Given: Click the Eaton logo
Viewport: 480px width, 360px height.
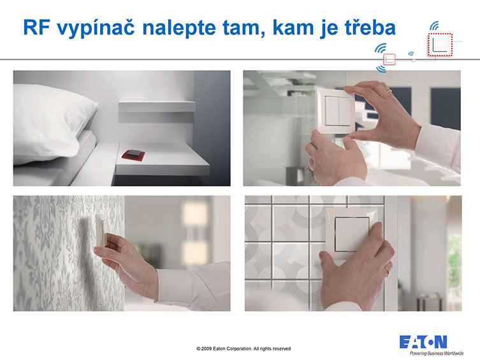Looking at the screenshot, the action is (x=423, y=342).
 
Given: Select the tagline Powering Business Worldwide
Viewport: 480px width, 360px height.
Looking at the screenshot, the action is (x=437, y=353).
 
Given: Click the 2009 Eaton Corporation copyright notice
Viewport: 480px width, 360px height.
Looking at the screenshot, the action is (x=244, y=349).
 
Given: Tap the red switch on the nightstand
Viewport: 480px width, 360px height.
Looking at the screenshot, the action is (x=133, y=155).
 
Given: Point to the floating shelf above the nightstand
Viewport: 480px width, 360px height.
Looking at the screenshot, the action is (x=157, y=106).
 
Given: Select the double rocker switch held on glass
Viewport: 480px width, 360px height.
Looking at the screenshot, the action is (x=336, y=111).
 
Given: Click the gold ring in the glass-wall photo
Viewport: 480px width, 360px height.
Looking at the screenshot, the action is (x=389, y=90).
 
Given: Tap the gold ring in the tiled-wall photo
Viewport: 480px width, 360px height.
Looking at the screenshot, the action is (x=387, y=271).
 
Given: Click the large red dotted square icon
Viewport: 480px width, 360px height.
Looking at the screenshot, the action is (x=440, y=45).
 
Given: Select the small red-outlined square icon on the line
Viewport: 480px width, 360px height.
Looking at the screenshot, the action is (x=389, y=59).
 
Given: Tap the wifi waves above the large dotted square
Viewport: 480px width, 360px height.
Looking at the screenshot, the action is (x=434, y=25).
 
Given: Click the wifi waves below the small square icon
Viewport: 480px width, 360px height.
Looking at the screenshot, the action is (x=381, y=69).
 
